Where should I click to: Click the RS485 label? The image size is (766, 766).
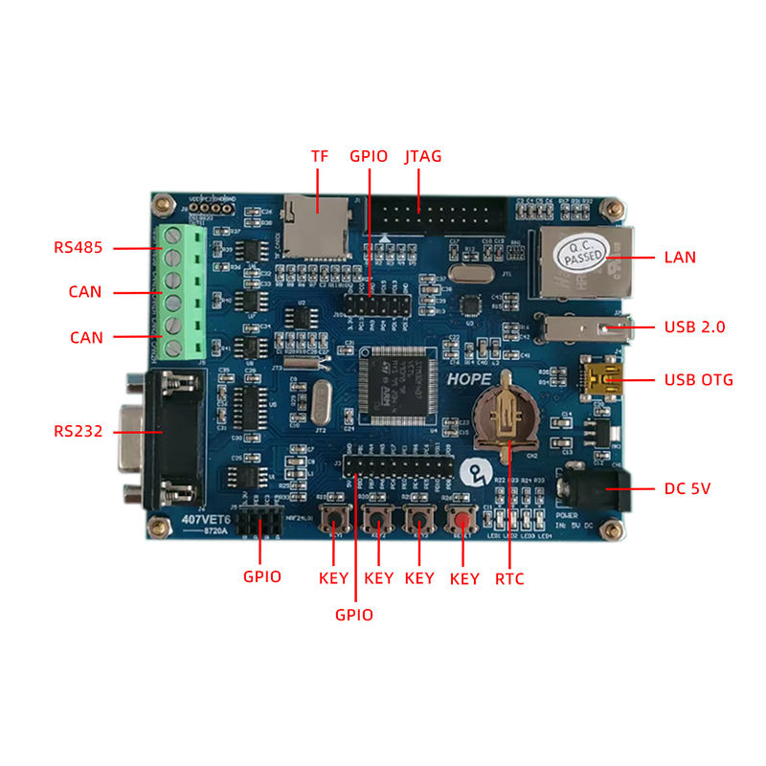coord(78,248)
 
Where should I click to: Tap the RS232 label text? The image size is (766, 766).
coord(78,431)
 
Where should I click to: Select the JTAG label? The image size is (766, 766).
coord(423,156)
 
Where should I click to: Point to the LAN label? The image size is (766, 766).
coord(680,257)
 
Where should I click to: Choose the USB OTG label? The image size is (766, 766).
coord(699,380)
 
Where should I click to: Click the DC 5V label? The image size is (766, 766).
coord(687,489)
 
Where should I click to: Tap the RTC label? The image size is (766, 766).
coord(509,578)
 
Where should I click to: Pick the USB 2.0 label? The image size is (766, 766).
coord(694,327)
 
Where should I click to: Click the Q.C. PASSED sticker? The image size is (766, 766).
coord(583,252)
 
